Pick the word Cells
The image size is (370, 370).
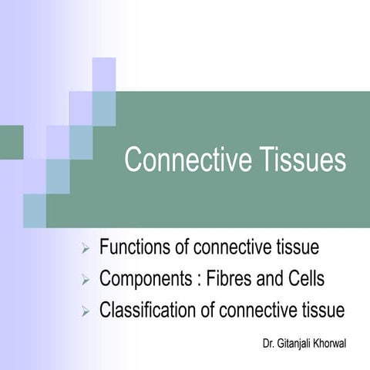pos(301,279)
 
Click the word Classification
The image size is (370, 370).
pos(147,311)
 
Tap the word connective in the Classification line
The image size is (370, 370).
pos(257,311)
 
